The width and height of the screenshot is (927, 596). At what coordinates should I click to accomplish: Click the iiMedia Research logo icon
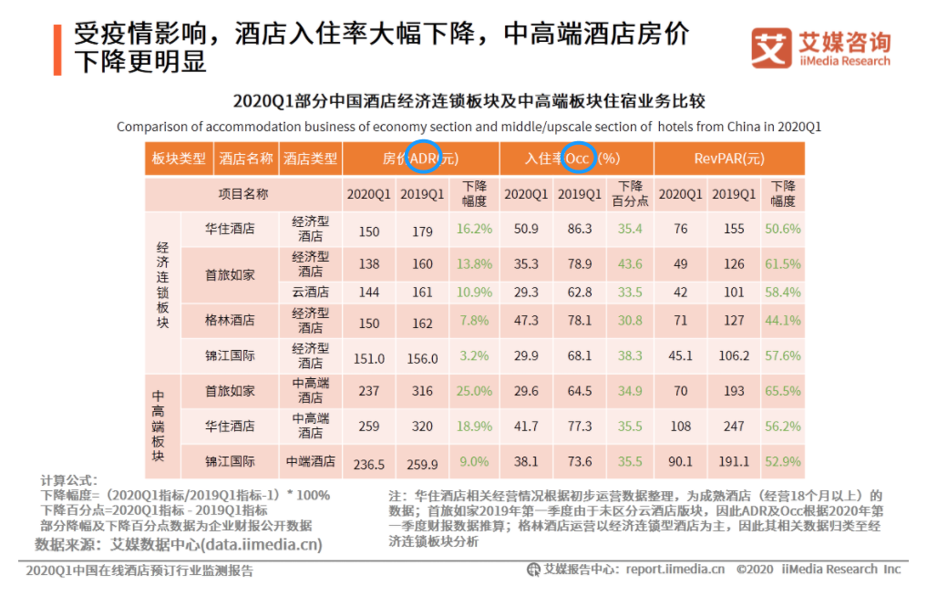(x=771, y=48)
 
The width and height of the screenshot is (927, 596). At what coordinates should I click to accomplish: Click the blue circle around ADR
(x=423, y=158)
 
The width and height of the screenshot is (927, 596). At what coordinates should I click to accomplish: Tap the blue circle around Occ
(x=579, y=158)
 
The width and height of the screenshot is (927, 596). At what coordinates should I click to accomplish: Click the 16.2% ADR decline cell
(x=475, y=230)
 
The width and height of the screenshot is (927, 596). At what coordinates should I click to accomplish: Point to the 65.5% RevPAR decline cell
(x=783, y=391)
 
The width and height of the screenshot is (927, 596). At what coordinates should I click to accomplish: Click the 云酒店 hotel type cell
(x=310, y=293)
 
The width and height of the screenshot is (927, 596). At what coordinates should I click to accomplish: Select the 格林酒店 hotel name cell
(x=230, y=321)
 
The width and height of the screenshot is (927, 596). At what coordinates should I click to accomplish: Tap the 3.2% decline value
(x=475, y=356)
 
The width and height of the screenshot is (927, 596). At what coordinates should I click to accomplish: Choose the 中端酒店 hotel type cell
(x=310, y=461)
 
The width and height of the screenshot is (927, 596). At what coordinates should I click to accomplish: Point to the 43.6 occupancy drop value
(x=630, y=264)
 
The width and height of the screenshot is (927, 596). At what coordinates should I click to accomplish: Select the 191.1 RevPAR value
(x=734, y=463)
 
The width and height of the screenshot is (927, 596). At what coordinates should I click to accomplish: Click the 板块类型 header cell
(x=179, y=159)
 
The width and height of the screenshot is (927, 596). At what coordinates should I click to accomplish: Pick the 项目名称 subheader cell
(x=243, y=194)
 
